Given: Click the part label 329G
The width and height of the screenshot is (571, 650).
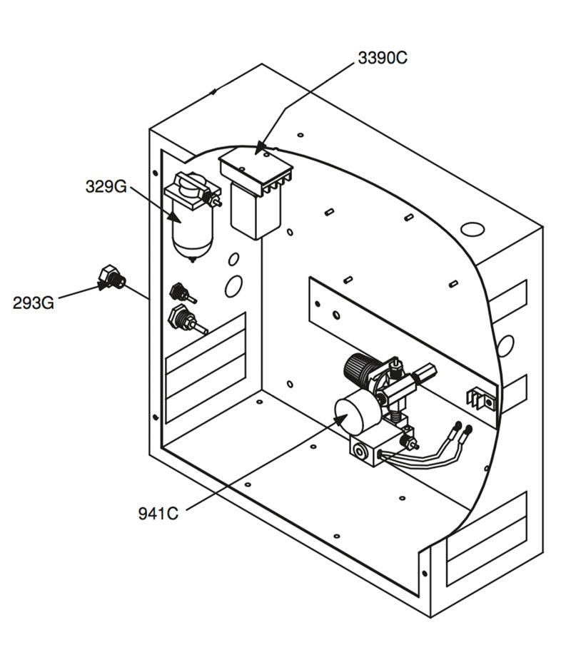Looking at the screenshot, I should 106,187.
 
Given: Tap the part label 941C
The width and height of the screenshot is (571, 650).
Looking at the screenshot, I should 158,513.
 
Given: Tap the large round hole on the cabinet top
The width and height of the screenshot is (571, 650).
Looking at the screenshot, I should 473,229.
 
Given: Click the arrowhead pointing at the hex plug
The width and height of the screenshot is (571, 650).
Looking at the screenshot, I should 104,286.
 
